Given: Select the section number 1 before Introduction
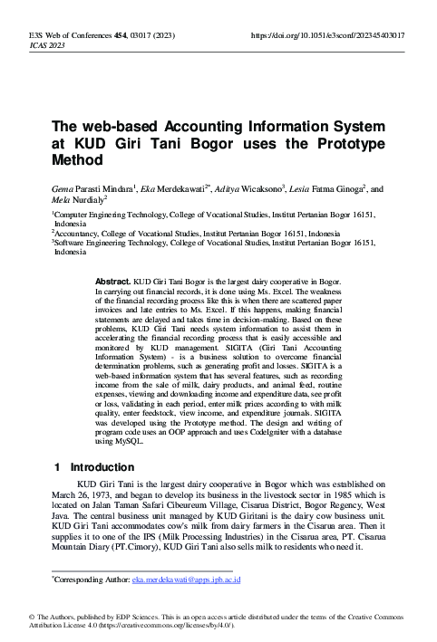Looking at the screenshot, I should tap(56, 468).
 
